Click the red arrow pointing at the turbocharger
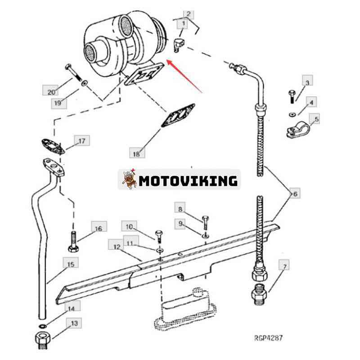click(x=184, y=76)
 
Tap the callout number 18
click(x=137, y=154)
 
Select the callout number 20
click(x=51, y=92)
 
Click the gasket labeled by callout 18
click(x=178, y=116)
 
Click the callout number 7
click(x=285, y=266)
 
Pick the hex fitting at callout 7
click(x=259, y=295)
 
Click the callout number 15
click(x=71, y=264)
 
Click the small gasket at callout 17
click(x=53, y=147)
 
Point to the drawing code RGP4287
click(x=268, y=338)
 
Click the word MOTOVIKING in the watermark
click(x=188, y=181)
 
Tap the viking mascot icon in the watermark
click(x=129, y=179)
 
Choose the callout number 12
click(x=117, y=247)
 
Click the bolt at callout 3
click(x=292, y=97)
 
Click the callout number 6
click(x=295, y=194)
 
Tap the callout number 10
click(x=129, y=227)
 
